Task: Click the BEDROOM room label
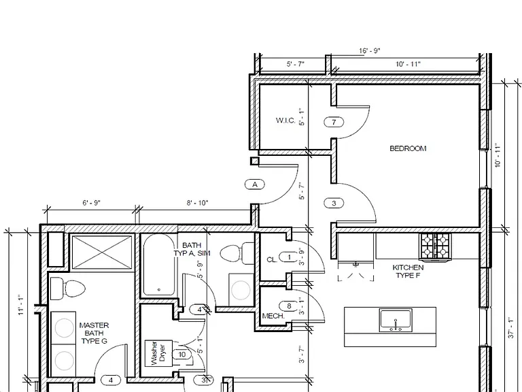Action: (x=408, y=148)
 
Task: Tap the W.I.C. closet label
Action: (x=285, y=120)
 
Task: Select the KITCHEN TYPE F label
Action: (x=408, y=272)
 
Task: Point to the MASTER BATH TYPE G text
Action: (x=94, y=333)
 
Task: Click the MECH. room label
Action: (x=273, y=316)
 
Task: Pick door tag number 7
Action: (x=334, y=122)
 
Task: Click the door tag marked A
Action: (x=255, y=184)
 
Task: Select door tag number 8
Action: (x=289, y=306)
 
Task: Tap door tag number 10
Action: (x=181, y=355)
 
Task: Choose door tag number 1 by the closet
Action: (x=289, y=257)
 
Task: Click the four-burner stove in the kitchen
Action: (x=436, y=246)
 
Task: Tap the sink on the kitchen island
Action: (x=396, y=321)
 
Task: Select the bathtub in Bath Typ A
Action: (x=159, y=265)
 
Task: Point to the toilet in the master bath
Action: (x=67, y=289)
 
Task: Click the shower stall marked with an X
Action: (x=102, y=252)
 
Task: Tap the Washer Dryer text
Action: (x=158, y=353)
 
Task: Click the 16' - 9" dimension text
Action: (x=370, y=50)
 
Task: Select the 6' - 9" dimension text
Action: (x=91, y=203)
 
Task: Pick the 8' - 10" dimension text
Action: (x=197, y=203)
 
